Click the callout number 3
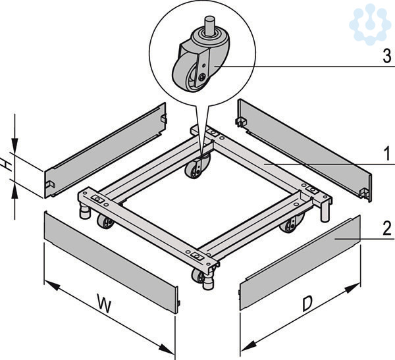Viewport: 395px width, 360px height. coord(387,56)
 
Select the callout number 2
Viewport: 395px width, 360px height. coord(387,228)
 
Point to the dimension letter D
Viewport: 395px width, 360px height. coord(307,303)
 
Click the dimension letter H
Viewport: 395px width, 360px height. coord(7,165)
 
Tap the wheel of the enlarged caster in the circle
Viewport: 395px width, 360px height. coord(186,72)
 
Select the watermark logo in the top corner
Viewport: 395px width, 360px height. coord(369,22)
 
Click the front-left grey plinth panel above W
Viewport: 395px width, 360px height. coord(111,262)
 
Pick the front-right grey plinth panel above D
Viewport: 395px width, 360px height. coord(300,263)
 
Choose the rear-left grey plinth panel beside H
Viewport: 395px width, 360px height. coord(105,150)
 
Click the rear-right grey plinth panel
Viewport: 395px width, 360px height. coord(304,150)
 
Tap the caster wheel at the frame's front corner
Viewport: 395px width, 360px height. coord(198,276)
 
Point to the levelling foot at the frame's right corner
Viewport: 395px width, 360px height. coord(325,212)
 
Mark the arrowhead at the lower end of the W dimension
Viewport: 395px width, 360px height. coord(167,348)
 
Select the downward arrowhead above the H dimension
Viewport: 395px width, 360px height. coord(14,145)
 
